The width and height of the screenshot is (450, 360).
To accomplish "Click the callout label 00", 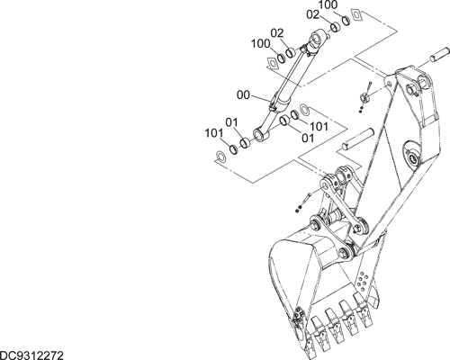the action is click(x=243, y=95).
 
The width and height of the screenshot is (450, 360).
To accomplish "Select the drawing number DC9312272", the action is click(x=31, y=355).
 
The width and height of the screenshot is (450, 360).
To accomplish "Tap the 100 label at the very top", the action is click(x=328, y=4).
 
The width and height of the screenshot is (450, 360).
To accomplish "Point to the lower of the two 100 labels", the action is click(x=261, y=44).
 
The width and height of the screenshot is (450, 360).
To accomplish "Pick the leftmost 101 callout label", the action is click(x=214, y=133).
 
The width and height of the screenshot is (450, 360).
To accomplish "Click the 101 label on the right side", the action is click(x=319, y=127).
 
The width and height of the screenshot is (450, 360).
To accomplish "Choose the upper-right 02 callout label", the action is click(x=313, y=14).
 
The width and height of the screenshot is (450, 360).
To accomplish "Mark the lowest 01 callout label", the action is click(x=308, y=138).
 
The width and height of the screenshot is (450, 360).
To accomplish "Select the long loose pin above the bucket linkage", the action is click(x=358, y=139).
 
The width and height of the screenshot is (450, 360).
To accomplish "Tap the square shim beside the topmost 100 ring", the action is click(x=357, y=15).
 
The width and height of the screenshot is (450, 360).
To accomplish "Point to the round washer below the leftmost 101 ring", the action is click(x=221, y=157).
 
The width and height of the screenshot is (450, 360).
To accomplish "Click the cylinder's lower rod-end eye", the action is click(x=260, y=134).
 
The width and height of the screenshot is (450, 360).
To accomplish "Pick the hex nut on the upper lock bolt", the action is click(x=364, y=97).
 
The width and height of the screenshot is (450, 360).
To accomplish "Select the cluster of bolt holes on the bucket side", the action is click(x=364, y=282).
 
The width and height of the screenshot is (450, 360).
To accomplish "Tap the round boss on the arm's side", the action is click(x=410, y=155).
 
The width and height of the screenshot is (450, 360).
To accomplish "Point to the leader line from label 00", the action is click(x=260, y=99).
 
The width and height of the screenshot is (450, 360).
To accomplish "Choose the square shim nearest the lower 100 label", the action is click(x=273, y=64).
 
